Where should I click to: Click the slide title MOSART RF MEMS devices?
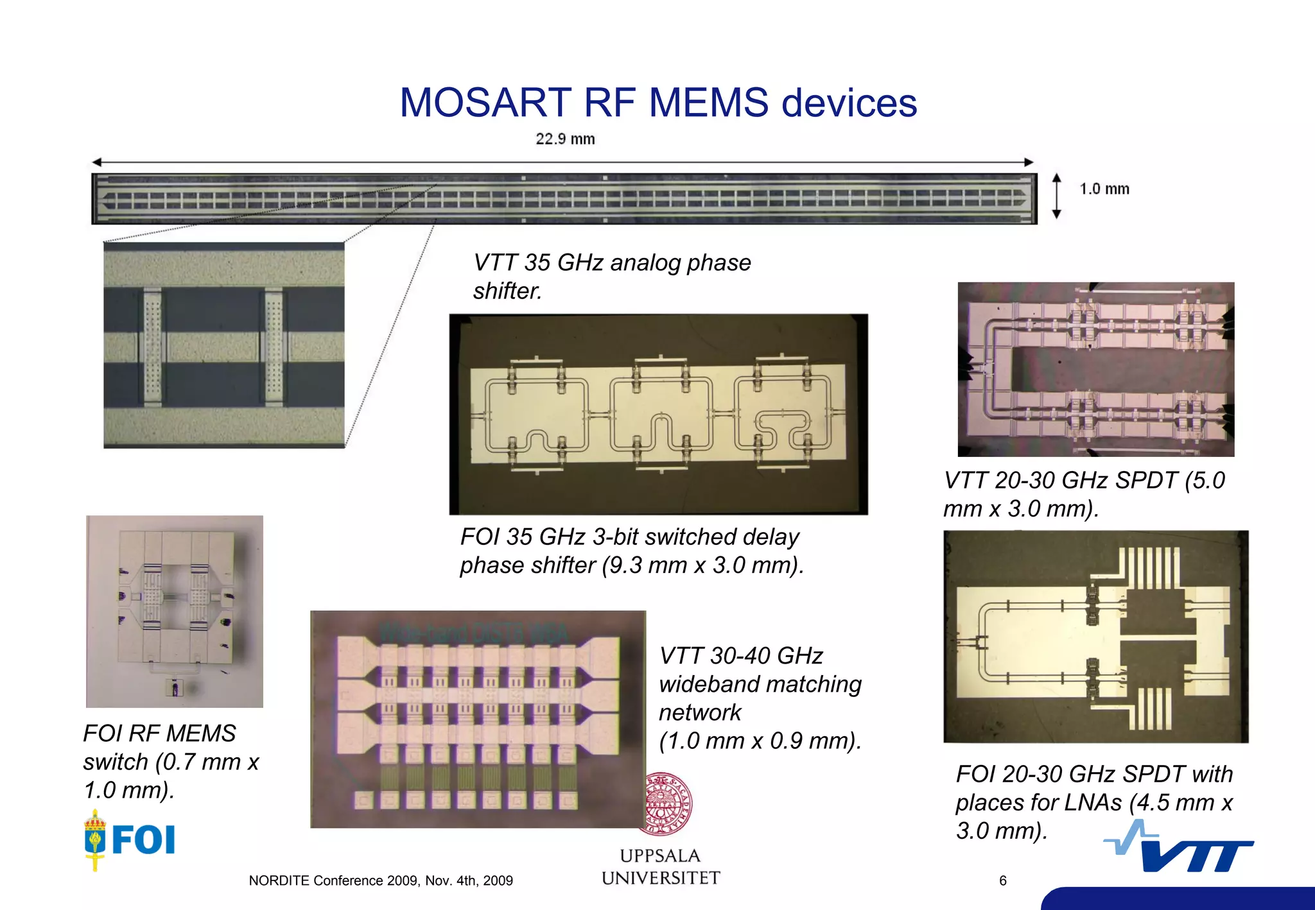pos(658,103)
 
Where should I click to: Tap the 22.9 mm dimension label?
pos(565,139)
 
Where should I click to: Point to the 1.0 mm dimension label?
pos(1104,189)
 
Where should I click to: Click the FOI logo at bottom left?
pos(130,839)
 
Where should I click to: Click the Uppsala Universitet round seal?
pos(668,803)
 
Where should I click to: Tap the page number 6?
pos(1003,881)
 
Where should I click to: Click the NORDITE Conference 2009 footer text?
pos(381,881)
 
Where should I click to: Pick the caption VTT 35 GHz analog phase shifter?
pos(611,277)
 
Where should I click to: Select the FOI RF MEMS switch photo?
pos(175,611)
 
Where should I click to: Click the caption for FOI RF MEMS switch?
pos(171,762)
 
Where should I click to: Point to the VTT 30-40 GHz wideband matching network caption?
pos(760,698)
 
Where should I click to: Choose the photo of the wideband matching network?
pos(478,719)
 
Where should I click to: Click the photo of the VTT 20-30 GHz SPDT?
pos(1095,370)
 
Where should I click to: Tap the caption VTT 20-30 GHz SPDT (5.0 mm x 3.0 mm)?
pos(1084,494)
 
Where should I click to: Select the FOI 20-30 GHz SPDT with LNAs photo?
pos(1095,637)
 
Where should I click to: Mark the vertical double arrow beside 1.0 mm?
pos(1057,196)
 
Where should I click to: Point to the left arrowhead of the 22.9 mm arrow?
pos(97,162)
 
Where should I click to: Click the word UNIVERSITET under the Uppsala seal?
pos(661,878)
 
